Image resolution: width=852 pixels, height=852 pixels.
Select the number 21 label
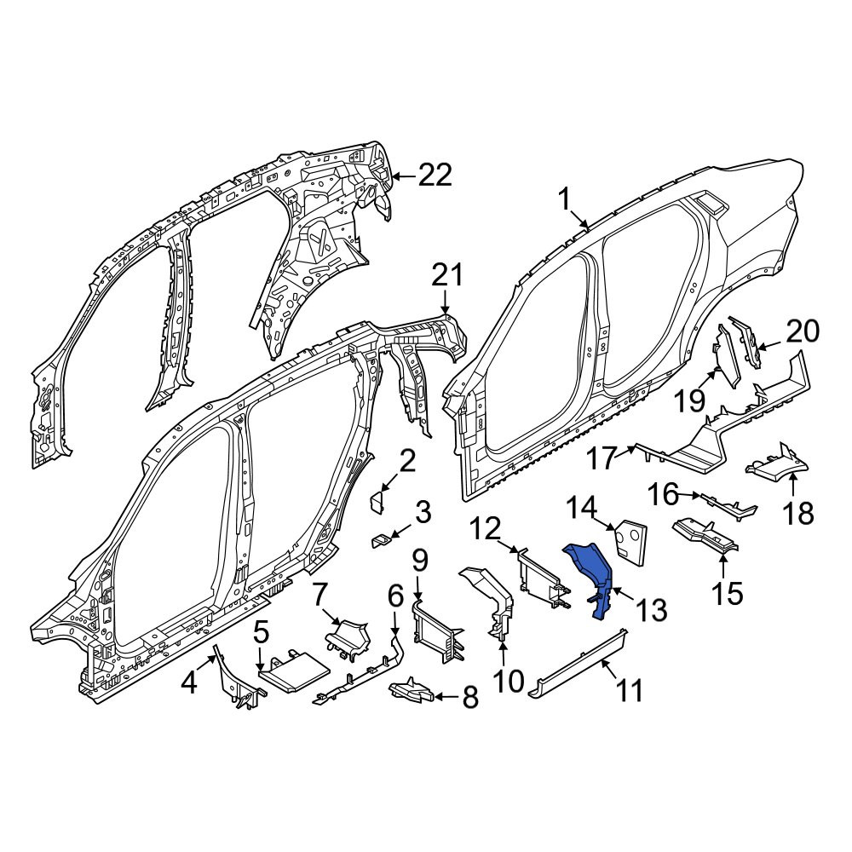tap(447, 275)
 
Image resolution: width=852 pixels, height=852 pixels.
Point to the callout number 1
tap(565, 200)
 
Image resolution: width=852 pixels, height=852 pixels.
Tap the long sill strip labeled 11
tap(579, 662)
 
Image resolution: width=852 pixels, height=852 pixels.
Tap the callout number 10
tap(508, 681)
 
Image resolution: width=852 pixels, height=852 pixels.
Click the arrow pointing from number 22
tap(404, 176)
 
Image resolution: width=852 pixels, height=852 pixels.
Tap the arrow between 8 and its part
tap(447, 695)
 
